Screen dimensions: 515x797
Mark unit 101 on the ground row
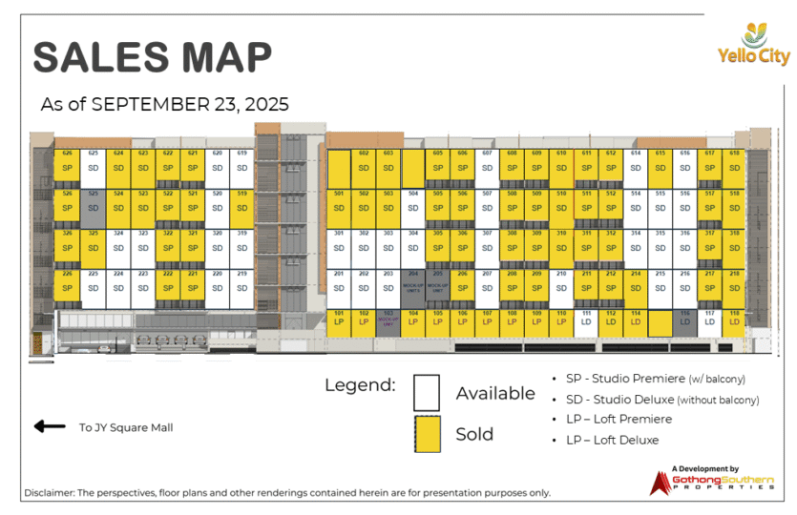339,321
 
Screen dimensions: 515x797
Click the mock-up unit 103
388,321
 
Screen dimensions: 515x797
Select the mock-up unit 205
437,283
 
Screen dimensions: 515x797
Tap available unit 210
561,283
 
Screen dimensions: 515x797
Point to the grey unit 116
685,321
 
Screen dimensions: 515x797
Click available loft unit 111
586,321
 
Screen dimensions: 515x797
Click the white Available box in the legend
427,392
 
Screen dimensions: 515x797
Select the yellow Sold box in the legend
427,434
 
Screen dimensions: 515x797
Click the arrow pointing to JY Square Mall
49,426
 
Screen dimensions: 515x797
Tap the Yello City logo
754,44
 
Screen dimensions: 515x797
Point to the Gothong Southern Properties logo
711,481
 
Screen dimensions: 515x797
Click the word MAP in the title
225,57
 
